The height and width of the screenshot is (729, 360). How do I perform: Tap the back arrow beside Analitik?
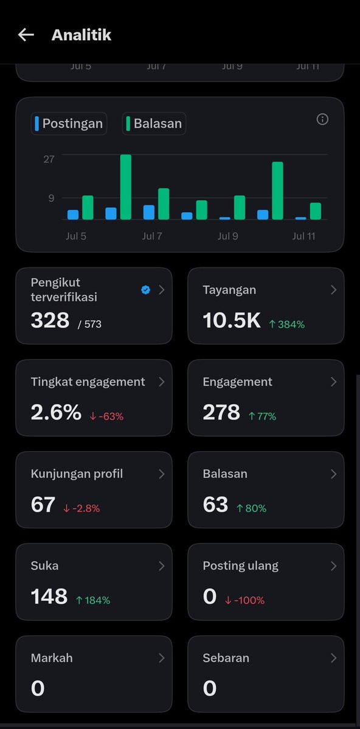click(26, 35)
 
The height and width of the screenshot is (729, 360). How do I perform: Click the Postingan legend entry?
click(69, 123)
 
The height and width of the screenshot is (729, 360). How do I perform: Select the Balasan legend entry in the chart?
click(154, 123)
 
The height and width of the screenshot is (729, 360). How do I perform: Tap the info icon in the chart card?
click(322, 120)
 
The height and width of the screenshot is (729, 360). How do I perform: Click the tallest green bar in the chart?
click(126, 187)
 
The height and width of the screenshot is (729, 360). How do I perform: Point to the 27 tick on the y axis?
click(49, 159)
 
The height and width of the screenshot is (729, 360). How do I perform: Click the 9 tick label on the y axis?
click(51, 198)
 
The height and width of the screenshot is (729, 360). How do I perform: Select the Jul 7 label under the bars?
click(152, 236)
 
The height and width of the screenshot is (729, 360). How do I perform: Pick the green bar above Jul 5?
click(88, 207)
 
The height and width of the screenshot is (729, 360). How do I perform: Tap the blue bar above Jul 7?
click(149, 212)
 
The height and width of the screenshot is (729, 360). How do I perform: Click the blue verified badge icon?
click(145, 290)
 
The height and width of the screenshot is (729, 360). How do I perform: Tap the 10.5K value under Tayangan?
click(232, 320)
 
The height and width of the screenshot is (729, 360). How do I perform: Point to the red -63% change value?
click(106, 416)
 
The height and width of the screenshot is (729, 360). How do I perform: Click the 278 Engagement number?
click(221, 412)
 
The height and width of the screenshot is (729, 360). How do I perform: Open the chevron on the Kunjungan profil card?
click(161, 474)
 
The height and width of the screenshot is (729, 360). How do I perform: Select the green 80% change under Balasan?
click(252, 509)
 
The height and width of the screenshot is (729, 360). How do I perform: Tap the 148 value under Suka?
click(49, 596)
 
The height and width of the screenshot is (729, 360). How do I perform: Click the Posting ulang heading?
click(240, 566)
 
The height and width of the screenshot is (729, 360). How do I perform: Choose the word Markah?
click(52, 658)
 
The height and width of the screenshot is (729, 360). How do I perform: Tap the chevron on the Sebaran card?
click(333, 658)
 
